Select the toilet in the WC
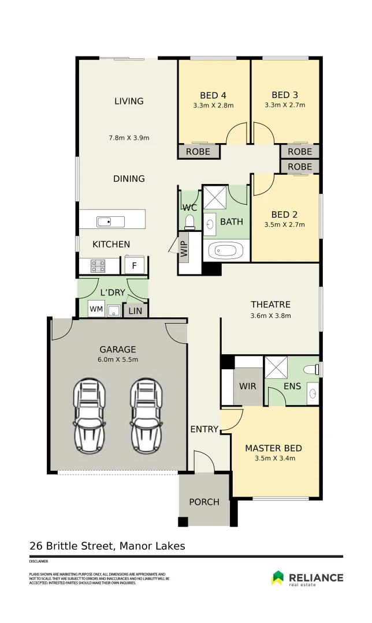click(x=189, y=222)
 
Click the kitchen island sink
click(x=104, y=221)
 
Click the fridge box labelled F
click(x=134, y=266)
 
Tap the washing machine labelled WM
click(x=95, y=310)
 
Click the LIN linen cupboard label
click(x=135, y=311)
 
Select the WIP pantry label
click(x=184, y=249)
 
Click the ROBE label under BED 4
click(x=199, y=152)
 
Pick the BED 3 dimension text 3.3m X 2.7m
click(x=285, y=106)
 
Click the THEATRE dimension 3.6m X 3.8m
click(x=270, y=316)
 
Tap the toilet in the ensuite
click(x=310, y=369)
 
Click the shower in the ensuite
click(x=276, y=367)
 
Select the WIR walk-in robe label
click(x=248, y=386)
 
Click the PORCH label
click(x=204, y=502)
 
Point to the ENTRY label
click(x=204, y=429)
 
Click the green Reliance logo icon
click(x=278, y=577)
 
